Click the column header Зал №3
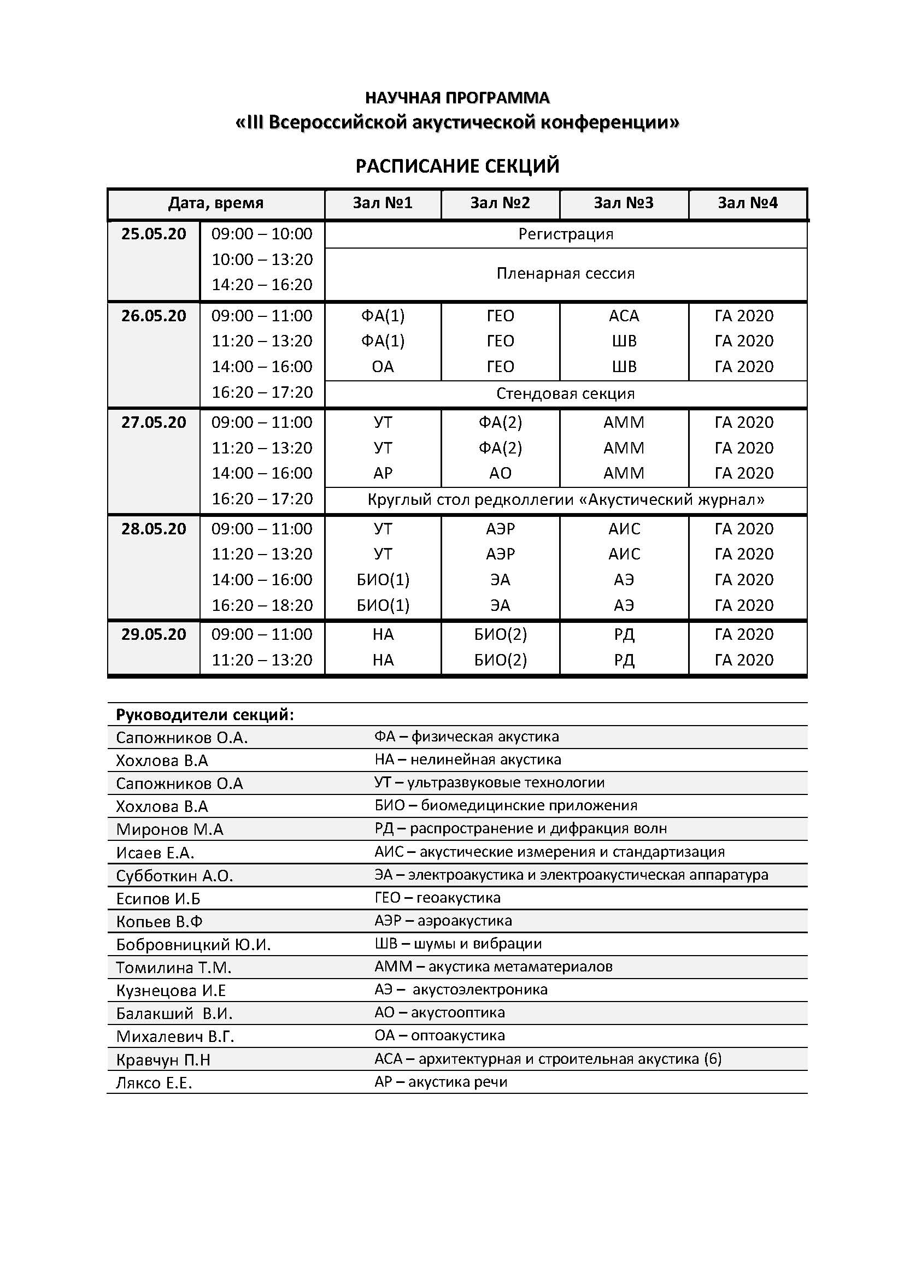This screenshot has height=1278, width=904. pos(624,203)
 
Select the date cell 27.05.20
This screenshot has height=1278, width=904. pos(154,422)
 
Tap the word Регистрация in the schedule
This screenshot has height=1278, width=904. pos(566,234)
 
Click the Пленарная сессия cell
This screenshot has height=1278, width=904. pos(566,274)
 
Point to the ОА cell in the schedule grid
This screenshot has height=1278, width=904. pos(383,367)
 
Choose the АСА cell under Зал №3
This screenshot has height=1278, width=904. pos(624,316)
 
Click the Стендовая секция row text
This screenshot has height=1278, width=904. pos(566,394)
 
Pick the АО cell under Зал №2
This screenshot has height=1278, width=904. pos(500,473)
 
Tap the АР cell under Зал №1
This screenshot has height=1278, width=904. pos(383,473)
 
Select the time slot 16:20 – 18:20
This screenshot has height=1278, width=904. pos(262,605)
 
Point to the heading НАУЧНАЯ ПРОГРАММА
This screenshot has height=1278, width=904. pos(457,98)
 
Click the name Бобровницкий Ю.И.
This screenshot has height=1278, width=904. pos(193,945)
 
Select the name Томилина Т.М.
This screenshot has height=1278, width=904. pos(174,968)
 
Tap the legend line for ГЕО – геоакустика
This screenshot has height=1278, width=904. pos(438,898)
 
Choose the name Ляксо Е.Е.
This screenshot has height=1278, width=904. pos(154,1082)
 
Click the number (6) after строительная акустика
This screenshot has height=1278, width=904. pos(713,1059)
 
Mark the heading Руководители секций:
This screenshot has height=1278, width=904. pos(205,715)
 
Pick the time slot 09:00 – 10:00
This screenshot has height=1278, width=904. pos(262,234)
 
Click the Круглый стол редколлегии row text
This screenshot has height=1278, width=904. pos(566,500)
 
